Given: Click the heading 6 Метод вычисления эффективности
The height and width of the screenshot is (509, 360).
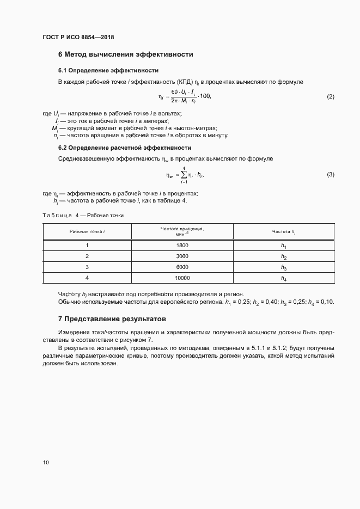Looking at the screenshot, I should pos(125,54).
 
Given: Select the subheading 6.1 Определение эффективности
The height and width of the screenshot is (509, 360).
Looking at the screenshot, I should pos(108,70).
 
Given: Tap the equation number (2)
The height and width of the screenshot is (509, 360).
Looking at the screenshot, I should pos(330,97).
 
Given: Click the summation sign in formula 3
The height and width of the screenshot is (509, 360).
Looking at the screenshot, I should pos(184,175).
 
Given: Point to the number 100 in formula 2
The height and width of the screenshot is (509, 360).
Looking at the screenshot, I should pos(203,96).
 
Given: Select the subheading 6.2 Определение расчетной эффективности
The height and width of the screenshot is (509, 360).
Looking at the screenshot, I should pos(124,148).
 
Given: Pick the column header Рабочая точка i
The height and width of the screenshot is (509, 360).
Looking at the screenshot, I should pos(87,231).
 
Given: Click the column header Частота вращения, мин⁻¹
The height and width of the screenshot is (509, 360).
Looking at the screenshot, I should pos(182,231).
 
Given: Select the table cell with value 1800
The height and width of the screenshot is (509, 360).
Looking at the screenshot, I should pos(182,246).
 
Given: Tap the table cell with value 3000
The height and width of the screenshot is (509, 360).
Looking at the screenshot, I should pos(182,256).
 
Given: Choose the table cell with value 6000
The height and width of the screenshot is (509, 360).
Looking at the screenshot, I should pos(182,267).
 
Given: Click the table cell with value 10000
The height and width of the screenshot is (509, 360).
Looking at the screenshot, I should pos(182,278).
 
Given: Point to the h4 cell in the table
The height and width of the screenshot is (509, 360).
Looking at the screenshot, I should pos(283,279).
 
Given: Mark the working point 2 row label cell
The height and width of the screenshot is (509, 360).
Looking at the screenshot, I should pos(87,256).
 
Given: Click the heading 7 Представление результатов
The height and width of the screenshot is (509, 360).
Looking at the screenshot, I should pos(112,318).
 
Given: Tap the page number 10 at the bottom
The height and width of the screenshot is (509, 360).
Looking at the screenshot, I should pos(46,463).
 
